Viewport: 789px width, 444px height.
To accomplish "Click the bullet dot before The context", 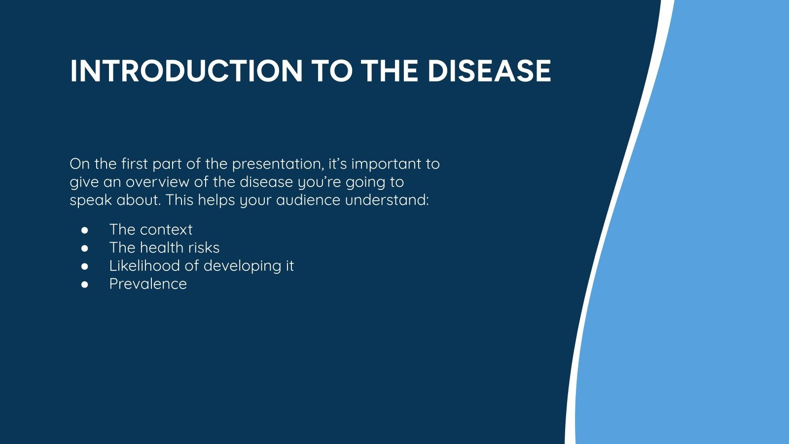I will (85, 230).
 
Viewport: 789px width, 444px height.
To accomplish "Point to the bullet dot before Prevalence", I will (85, 284).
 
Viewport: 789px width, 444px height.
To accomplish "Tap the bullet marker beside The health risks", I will (85, 248).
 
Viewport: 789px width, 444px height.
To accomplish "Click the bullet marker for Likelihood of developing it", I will (85, 266).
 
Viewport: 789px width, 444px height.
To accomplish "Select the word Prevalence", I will (148, 284).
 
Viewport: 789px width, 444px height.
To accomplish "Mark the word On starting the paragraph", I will (78, 164).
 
